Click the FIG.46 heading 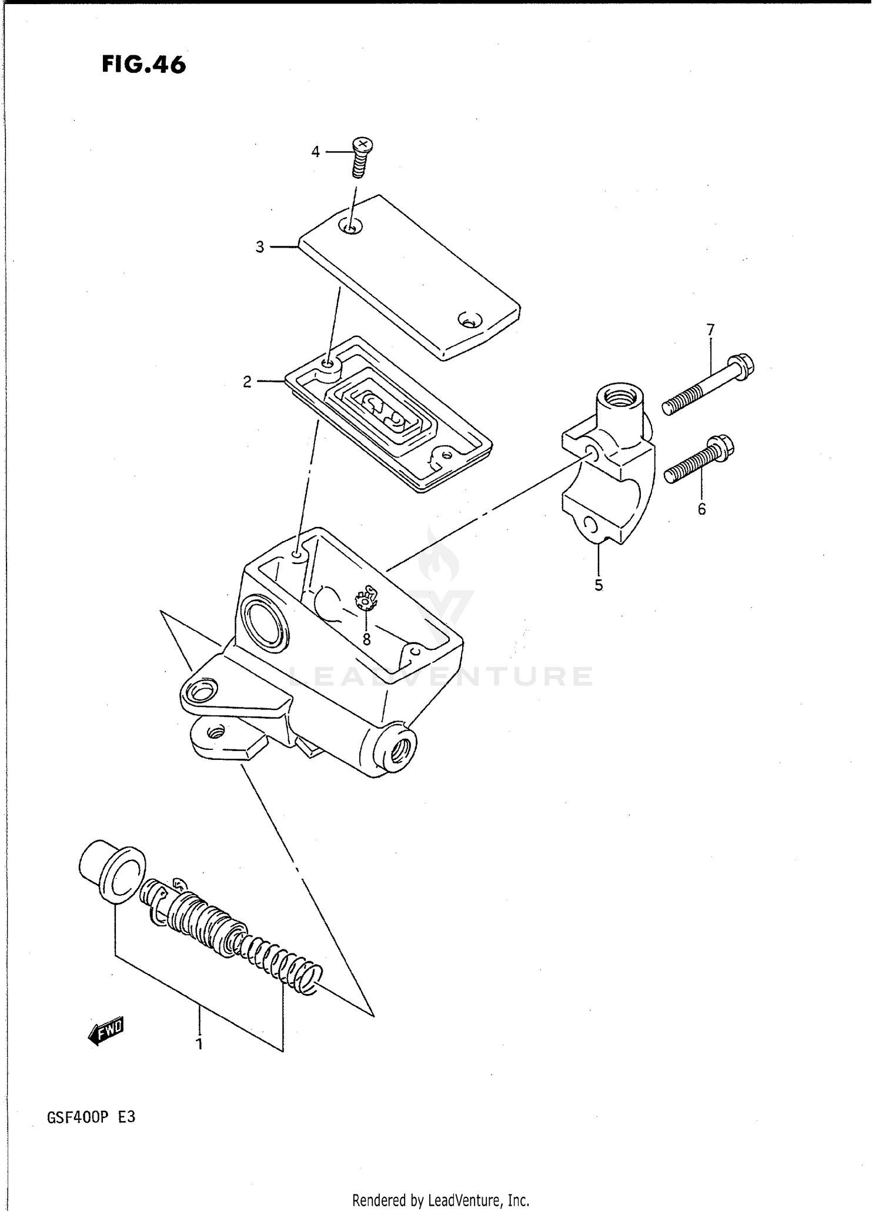click(143, 64)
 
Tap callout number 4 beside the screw click(315, 152)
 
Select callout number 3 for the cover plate click(260, 247)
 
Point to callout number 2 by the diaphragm click(247, 382)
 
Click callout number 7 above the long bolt click(710, 330)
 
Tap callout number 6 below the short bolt click(701, 509)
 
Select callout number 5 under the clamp click(599, 585)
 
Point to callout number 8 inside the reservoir click(366, 639)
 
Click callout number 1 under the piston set click(199, 1045)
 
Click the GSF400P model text click(79, 1117)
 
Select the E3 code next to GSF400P click(126, 1117)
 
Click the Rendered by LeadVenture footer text click(440, 1200)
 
